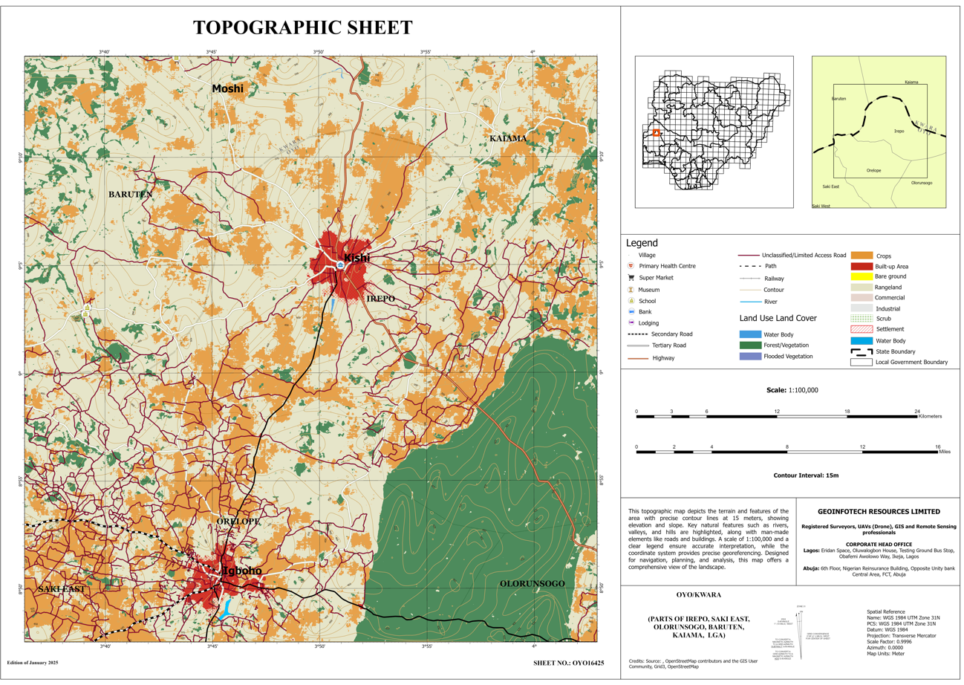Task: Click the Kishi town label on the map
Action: pos(356,259)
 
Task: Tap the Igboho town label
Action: pos(242,571)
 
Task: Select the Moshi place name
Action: pos(227,88)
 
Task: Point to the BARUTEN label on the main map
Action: pos(131,194)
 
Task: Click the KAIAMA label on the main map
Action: pos(508,139)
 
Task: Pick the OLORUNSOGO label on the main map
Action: pos(533,583)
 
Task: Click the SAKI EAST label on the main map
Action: pos(61,588)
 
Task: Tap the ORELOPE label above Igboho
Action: pos(238,522)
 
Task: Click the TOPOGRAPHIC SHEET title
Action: pos(302,28)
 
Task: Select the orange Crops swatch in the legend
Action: pos(862,256)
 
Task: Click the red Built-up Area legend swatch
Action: pos(862,266)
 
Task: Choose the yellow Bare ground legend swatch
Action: pos(862,276)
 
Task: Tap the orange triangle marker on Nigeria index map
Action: pos(656,133)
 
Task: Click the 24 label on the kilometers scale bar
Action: pos(917,411)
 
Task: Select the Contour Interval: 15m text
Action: pos(806,475)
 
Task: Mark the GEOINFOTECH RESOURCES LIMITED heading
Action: pos(879,511)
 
